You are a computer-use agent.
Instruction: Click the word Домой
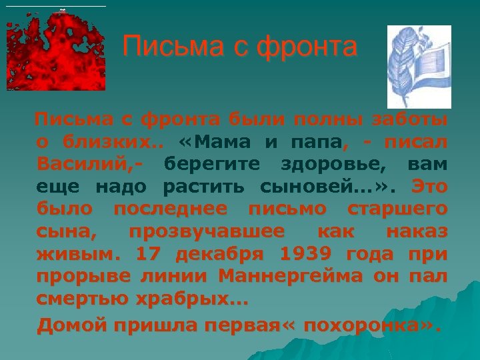click(x=71, y=325)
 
